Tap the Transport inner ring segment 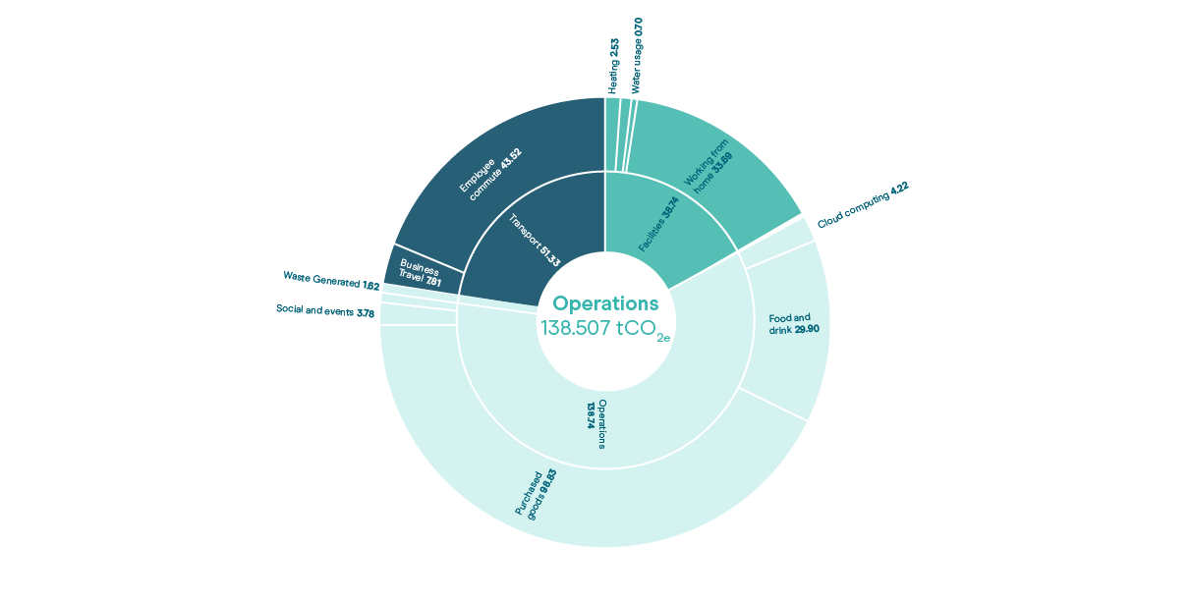(x=531, y=236)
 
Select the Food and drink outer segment (x=786, y=324)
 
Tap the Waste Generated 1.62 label (x=331, y=281)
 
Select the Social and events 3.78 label (x=325, y=311)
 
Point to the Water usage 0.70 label (x=638, y=55)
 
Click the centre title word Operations (x=605, y=303)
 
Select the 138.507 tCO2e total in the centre (x=604, y=329)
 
